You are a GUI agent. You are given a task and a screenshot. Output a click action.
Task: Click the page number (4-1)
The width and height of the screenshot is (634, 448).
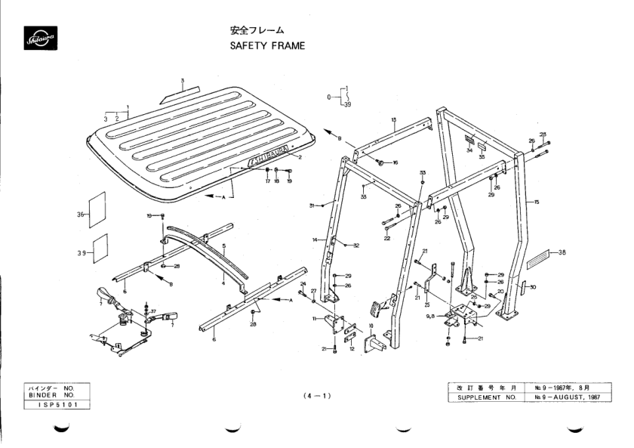pos(315,394)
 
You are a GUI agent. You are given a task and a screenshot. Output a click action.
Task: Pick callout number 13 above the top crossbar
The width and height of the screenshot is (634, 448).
pos(394,119)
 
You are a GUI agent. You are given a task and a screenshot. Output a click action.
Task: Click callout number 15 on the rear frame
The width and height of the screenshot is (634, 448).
pos(536,202)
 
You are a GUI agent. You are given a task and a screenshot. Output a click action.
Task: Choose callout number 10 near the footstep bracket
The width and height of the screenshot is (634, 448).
pos(371,327)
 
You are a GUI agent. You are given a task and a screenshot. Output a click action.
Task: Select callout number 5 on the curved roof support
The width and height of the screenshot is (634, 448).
pos(224,246)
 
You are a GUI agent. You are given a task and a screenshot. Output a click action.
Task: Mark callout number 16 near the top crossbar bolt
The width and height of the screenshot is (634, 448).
pos(395,162)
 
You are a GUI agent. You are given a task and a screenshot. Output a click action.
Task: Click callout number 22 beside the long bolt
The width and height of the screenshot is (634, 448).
pos(386,238)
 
